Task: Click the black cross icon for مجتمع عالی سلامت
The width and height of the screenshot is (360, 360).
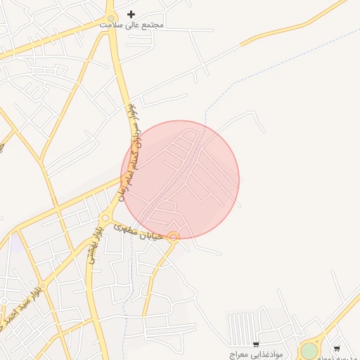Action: click(x=131, y=14)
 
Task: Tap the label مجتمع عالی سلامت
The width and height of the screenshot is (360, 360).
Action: click(x=131, y=25)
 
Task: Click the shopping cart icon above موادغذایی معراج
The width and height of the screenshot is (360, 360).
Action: click(x=256, y=344)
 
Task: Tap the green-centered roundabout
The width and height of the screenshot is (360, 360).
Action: click(x=309, y=350)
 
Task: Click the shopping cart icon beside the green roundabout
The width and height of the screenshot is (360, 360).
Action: click(x=337, y=348)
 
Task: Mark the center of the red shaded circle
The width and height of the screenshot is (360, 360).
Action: click(x=181, y=179)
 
